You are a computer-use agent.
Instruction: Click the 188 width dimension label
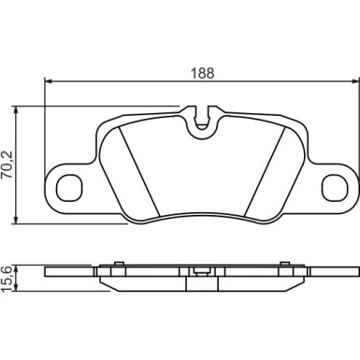[203, 73]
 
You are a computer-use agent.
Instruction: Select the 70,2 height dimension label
[7, 165]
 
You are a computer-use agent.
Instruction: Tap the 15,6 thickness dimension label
[7, 279]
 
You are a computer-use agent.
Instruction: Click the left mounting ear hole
[70, 188]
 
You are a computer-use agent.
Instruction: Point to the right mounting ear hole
[335, 188]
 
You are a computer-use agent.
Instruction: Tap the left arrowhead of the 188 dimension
[49, 81]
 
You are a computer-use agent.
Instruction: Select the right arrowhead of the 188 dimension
[355, 81]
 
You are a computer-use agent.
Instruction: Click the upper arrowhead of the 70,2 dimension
[16, 109]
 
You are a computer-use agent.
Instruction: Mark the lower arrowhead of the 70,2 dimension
[16, 220]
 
